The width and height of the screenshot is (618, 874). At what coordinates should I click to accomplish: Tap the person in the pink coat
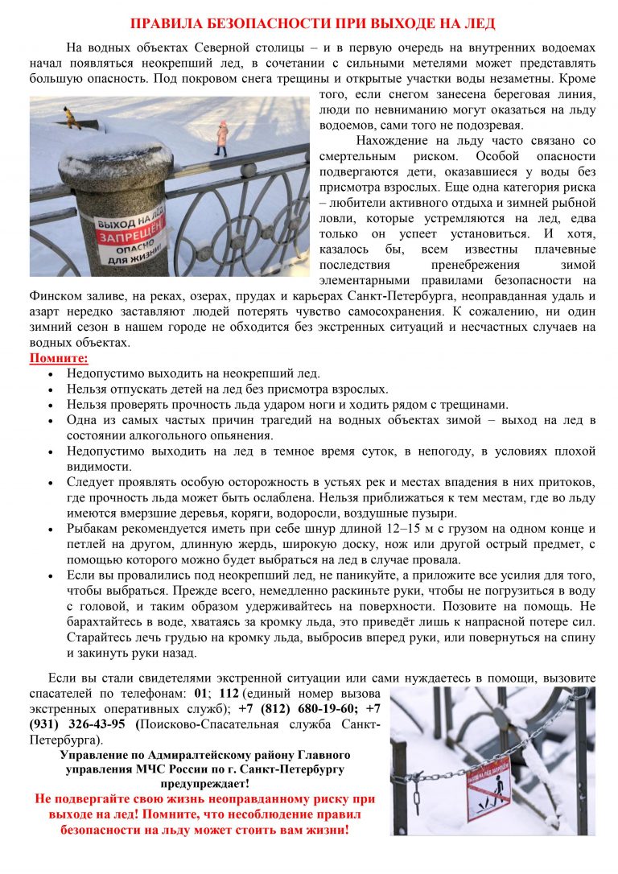[221, 138]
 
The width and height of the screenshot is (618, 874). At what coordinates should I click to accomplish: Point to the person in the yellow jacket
[70, 117]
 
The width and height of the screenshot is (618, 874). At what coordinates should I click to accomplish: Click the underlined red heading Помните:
[59, 358]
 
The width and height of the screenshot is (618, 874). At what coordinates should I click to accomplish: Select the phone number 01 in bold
[201, 693]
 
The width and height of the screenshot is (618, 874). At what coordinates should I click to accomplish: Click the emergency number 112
[229, 693]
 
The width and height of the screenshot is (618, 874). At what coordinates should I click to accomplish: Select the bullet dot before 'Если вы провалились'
[51, 575]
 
